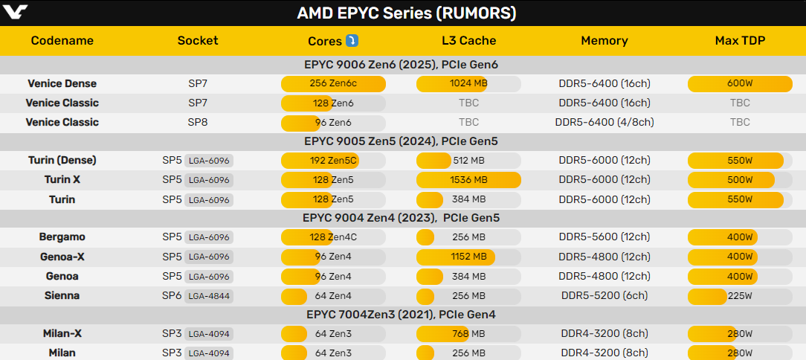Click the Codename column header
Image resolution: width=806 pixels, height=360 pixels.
[62, 41]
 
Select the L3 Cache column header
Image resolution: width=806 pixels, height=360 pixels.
[468, 41]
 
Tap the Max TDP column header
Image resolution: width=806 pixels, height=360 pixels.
[740, 41]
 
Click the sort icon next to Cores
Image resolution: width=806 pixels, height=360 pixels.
[352, 40]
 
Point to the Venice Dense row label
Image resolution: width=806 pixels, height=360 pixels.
[62, 83]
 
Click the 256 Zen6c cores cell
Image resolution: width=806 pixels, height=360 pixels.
[333, 83]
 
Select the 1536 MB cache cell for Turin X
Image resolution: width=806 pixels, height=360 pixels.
[468, 179]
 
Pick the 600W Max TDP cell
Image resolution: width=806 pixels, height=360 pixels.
[740, 83]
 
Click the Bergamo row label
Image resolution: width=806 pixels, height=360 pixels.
[62, 237]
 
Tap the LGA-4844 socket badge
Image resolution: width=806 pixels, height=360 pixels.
[209, 296]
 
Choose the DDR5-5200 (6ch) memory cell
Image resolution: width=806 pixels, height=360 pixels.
[604, 295]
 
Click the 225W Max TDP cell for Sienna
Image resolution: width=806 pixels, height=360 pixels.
[740, 295]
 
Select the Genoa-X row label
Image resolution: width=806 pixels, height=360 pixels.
[62, 257]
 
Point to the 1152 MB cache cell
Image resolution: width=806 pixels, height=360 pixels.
[468, 257]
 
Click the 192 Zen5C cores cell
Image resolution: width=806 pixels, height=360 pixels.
[333, 160]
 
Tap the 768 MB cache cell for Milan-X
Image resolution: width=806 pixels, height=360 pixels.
[468, 334]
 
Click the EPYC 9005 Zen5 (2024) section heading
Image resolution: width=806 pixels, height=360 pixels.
[402, 141]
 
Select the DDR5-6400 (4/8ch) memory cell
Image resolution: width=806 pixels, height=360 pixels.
[604, 122]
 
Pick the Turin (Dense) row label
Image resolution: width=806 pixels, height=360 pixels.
[62, 160]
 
